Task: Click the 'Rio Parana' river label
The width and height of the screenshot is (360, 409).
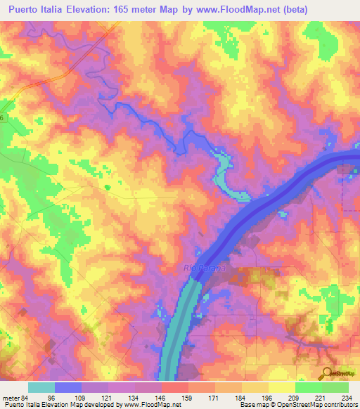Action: tap(204, 268)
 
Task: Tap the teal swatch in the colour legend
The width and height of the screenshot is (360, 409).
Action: tap(41, 387)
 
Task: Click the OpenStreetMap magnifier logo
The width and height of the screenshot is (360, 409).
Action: tap(328, 373)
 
